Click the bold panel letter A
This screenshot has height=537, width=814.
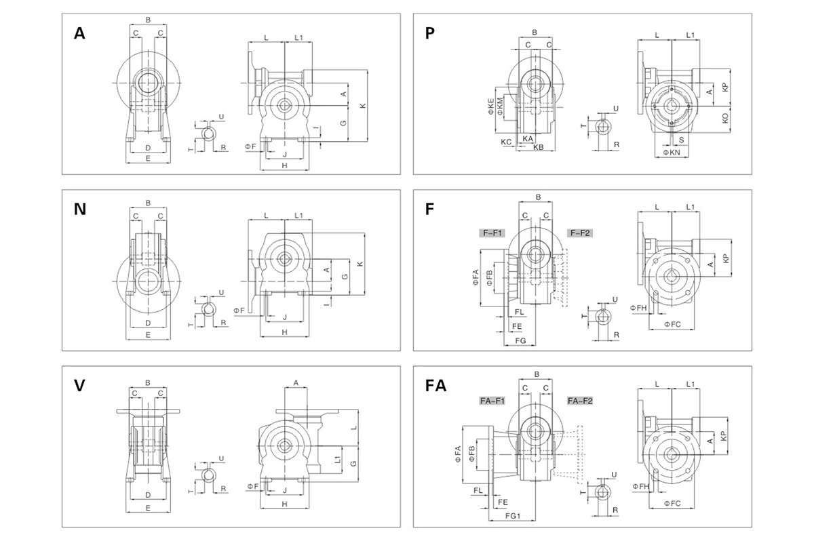[x=79, y=34]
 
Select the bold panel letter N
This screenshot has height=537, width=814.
[x=80, y=210]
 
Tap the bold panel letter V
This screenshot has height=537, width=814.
[x=79, y=385]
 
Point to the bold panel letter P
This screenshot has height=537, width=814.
[x=429, y=34]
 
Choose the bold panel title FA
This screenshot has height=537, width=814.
[x=435, y=386]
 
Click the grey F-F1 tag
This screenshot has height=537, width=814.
[x=492, y=233]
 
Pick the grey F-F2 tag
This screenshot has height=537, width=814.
[x=579, y=233]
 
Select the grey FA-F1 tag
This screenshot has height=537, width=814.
[x=489, y=401]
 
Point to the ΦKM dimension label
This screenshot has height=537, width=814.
[x=501, y=105]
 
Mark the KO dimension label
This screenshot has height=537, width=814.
[x=726, y=117]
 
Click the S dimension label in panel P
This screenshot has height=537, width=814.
[x=681, y=139]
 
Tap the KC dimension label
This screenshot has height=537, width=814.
[x=506, y=142]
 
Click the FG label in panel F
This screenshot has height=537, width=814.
[x=520, y=339]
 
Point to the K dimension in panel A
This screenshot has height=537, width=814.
[x=363, y=106]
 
